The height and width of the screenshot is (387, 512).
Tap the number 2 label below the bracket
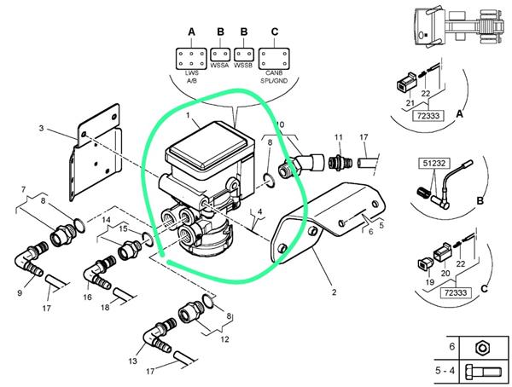click(334, 292)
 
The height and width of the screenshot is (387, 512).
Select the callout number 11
click(338, 137)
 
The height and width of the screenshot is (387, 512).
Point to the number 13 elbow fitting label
click(132, 361)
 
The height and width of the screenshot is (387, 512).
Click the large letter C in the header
click(274, 32)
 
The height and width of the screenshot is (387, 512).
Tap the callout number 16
click(88, 298)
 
